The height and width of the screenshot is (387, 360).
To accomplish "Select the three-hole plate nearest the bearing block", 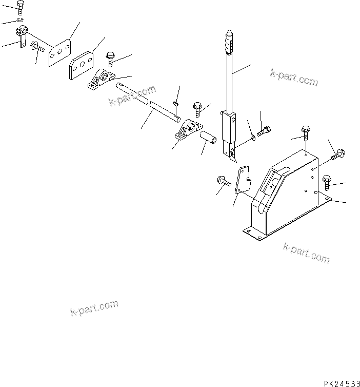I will click(81, 65).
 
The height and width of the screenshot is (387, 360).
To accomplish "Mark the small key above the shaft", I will click(175, 103).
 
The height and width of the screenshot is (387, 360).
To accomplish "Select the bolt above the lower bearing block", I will click(198, 108).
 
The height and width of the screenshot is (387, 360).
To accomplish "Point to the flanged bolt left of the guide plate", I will click(223, 180).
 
